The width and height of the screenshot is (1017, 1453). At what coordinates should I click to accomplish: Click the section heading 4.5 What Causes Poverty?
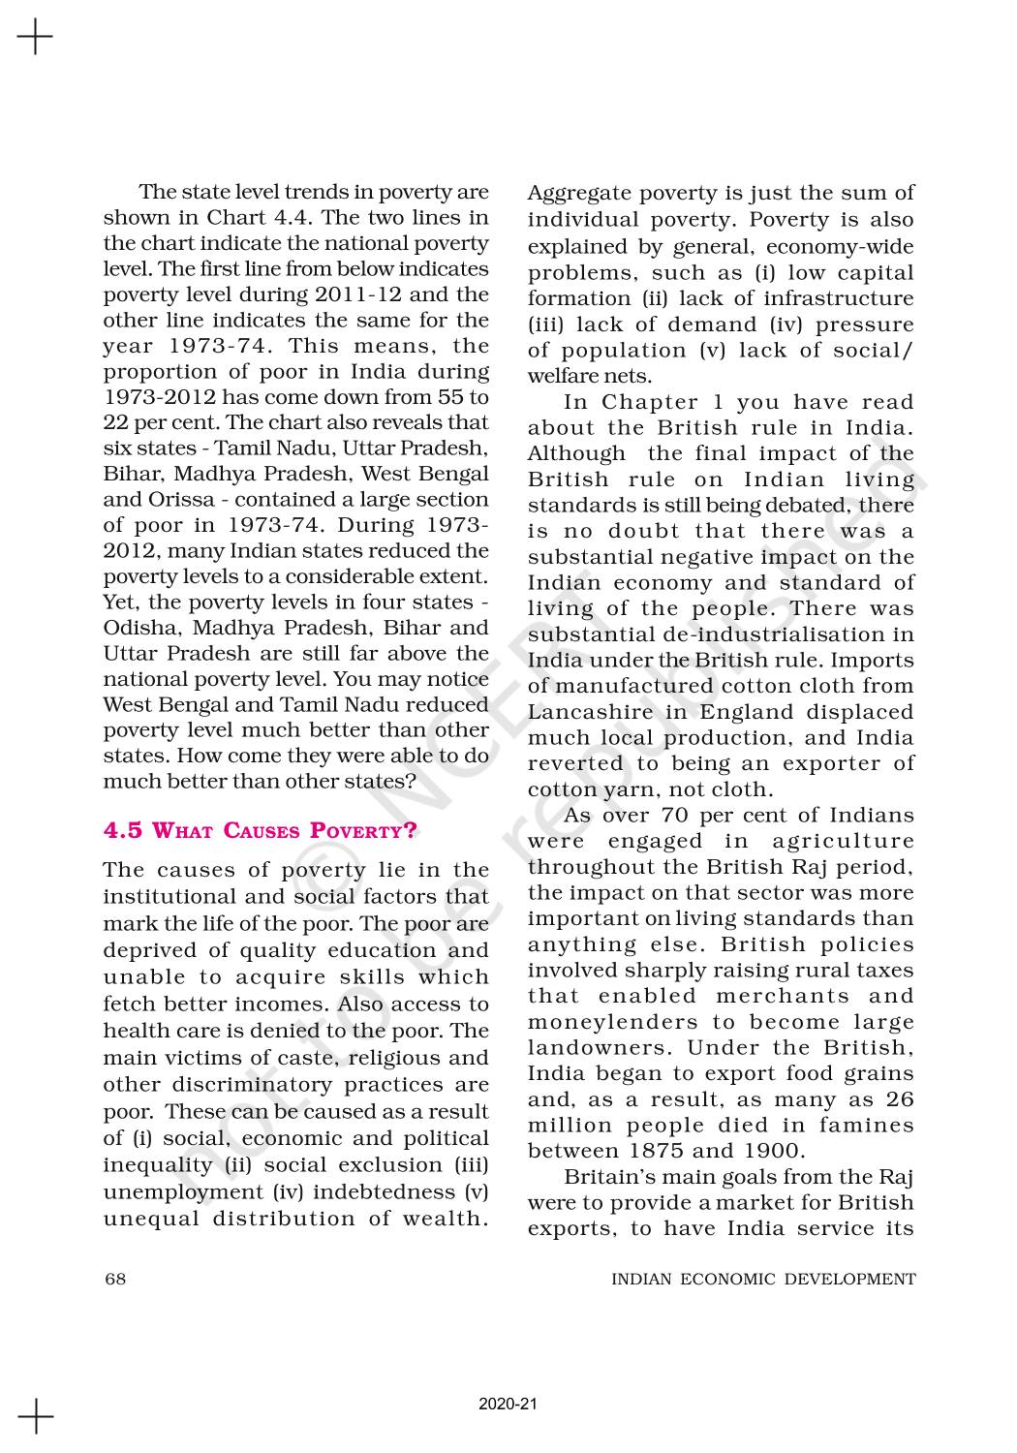261,831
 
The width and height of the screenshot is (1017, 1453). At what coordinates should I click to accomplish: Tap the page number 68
114,1279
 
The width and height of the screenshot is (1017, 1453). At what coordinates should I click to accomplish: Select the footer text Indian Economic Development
763,1279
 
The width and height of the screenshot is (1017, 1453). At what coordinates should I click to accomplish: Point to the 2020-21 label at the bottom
508,1404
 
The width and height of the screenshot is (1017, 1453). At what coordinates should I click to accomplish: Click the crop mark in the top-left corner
35,38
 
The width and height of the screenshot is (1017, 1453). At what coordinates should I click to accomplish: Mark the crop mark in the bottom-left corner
35,1415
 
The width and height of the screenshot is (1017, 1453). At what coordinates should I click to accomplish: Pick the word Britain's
605,1177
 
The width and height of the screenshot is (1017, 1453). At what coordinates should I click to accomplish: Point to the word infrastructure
842,298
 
